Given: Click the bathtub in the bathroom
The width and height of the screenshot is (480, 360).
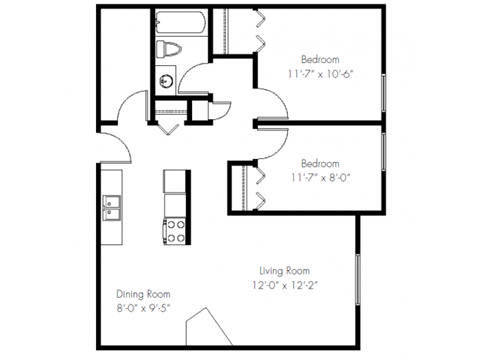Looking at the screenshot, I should (180, 22).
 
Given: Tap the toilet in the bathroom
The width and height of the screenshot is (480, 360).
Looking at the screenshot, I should (169, 50).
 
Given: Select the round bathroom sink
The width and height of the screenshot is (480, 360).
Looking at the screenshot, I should (167, 79).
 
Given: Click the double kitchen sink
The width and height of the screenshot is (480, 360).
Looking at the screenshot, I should (111, 208).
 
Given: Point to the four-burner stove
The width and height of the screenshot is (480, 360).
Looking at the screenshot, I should (175, 231).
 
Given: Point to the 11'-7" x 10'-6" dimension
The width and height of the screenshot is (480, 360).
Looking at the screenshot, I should (320, 73).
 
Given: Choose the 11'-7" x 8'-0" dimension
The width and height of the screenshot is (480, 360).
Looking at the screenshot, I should (319, 178).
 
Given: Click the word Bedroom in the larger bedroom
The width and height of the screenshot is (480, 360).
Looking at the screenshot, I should (320, 58).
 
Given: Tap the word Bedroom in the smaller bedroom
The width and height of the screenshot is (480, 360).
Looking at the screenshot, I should (319, 163).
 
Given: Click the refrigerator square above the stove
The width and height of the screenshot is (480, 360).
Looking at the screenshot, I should (175, 181).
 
